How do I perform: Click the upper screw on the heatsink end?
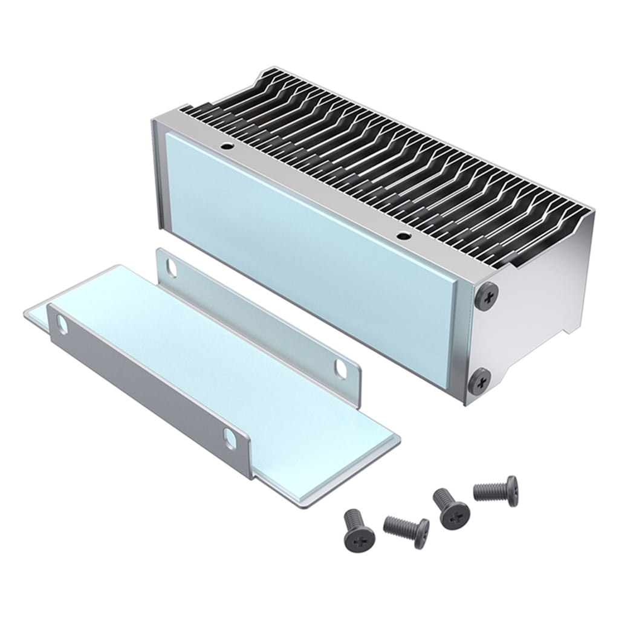click(487, 296)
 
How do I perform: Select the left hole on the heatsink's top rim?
click(225, 146)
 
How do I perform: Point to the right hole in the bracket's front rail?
click(230, 438)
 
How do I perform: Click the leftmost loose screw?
click(358, 528)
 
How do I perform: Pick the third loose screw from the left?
click(450, 508)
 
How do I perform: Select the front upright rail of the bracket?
click(145, 387)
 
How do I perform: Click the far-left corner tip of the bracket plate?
click(26, 313)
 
